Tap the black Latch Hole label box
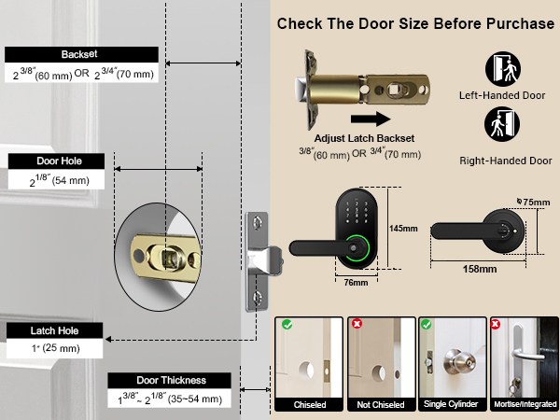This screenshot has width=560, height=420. click(x=54, y=330)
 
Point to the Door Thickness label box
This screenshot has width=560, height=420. click(x=169, y=380)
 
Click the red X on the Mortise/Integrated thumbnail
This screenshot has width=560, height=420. click(x=496, y=325)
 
